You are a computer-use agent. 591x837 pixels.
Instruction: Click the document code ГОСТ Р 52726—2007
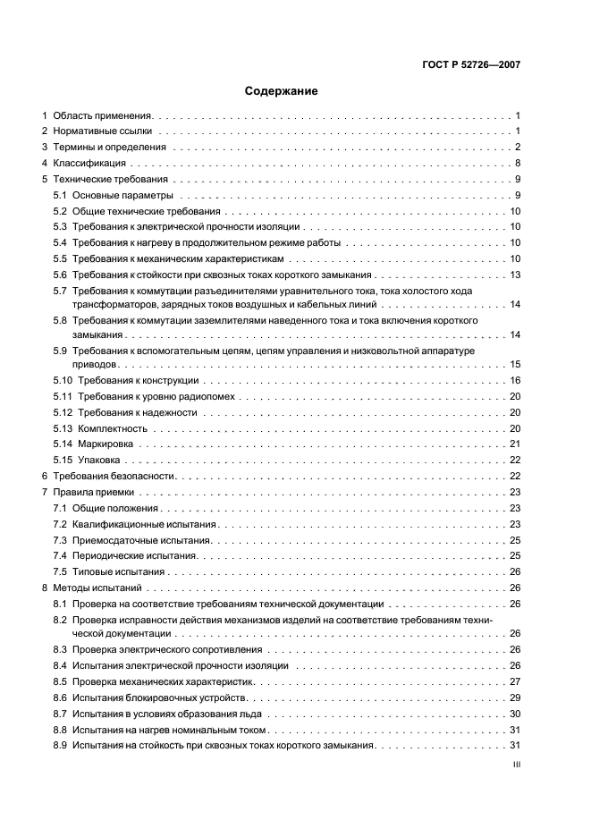click(472, 64)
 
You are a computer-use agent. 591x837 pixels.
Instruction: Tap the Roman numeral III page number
click(516, 765)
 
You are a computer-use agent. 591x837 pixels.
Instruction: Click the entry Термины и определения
click(109, 148)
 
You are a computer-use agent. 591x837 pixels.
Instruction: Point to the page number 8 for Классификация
click(518, 164)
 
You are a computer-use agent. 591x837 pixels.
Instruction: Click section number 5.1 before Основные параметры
click(60, 195)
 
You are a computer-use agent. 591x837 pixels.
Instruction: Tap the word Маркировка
click(106, 444)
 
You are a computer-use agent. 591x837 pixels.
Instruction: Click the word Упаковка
click(101, 460)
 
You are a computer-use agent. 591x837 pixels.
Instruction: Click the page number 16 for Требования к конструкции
click(515, 381)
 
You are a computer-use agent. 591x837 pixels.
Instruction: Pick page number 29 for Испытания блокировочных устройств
click(515, 697)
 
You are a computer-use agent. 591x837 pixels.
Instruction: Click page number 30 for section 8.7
click(515, 714)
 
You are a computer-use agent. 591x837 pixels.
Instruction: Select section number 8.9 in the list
click(60, 745)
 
